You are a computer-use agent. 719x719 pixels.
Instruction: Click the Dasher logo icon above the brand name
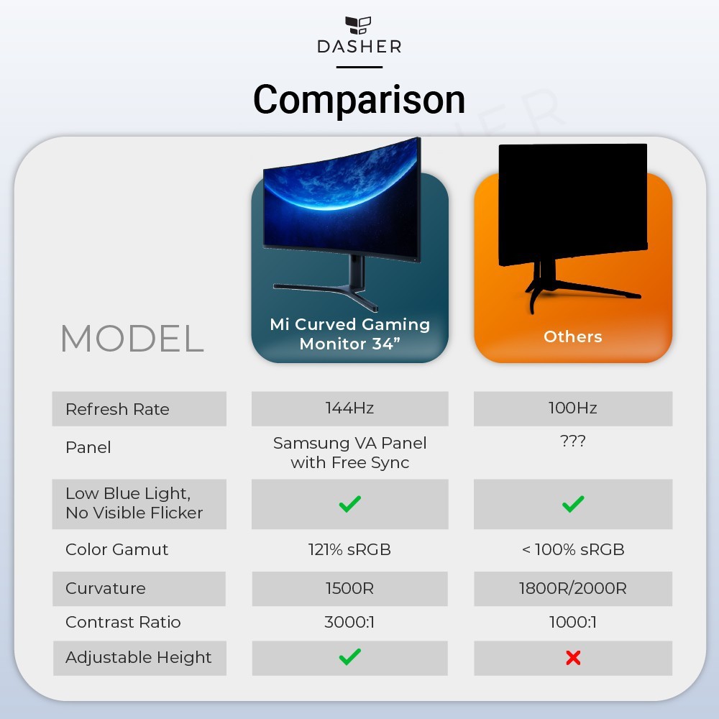(358, 25)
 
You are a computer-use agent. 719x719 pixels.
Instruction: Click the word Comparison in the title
(359, 99)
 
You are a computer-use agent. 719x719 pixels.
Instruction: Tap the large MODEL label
(132, 339)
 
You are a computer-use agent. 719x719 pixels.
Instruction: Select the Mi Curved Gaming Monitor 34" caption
(350, 334)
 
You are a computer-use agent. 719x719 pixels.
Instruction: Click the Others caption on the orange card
(573, 336)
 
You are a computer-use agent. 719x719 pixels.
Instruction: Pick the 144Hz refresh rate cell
(349, 408)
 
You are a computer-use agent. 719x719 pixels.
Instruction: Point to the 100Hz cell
(573, 408)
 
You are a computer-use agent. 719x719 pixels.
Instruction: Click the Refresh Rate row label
(117, 409)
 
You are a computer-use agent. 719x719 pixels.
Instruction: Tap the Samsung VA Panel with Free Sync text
(350, 452)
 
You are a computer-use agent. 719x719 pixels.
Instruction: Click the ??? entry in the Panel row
(573, 441)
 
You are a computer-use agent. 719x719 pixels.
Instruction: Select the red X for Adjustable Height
(573, 658)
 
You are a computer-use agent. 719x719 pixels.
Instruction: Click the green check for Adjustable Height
(350, 656)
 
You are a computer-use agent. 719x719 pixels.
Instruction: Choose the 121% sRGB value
(349, 549)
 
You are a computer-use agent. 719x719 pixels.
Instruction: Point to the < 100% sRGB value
(573, 549)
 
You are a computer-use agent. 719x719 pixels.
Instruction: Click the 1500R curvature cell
(349, 588)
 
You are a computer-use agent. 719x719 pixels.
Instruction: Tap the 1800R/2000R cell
(573, 588)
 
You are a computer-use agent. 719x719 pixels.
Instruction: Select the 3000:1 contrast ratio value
(349, 622)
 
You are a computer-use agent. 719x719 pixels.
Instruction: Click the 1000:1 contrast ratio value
(573, 622)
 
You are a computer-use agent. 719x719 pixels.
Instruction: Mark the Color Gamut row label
(117, 549)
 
